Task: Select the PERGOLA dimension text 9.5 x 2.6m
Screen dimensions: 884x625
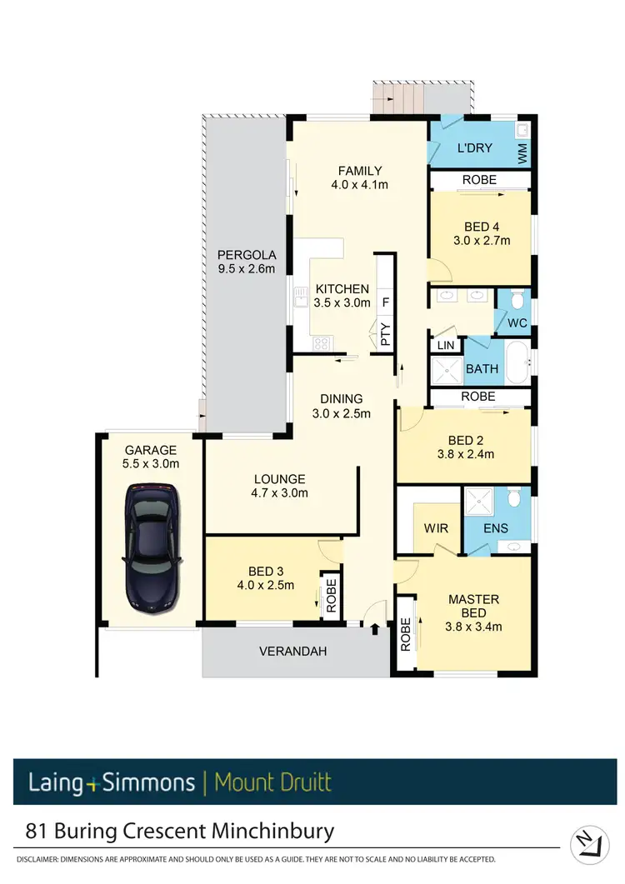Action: point(246,268)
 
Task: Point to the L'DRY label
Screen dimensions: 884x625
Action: point(475,148)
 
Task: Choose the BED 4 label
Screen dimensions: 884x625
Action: point(480,226)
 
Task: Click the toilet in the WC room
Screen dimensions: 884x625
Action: point(517,300)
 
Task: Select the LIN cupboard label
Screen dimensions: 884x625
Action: point(445,344)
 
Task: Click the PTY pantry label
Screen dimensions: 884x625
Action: point(385,334)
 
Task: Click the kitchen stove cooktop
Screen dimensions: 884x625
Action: point(322,343)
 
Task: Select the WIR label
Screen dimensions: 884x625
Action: point(437,527)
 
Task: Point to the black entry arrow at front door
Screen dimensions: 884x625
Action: point(374,629)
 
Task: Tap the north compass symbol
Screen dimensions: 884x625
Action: point(590,843)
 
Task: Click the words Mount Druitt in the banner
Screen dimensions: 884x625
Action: point(272,782)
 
